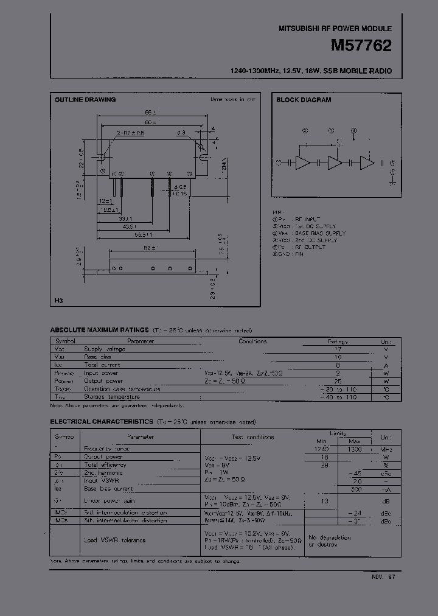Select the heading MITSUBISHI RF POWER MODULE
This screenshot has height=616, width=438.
coord(335,29)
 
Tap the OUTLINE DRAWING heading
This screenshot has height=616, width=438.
coord(85,99)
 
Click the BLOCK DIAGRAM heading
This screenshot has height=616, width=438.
coord(304,100)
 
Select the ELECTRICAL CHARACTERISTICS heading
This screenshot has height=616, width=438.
coord(100,421)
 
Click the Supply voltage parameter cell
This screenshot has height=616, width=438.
coord(105,349)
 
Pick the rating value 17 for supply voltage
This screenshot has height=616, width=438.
coord(338,349)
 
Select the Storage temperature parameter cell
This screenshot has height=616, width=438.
coord(112,397)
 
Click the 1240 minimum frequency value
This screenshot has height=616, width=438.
coord(321,449)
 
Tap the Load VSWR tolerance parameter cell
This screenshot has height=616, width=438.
coord(114,539)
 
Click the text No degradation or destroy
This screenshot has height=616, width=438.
coord(330,541)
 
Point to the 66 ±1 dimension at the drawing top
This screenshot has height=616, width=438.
coord(151,113)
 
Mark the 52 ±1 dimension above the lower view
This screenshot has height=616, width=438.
coord(150,247)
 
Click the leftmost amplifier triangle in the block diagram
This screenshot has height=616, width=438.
coord(302,163)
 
